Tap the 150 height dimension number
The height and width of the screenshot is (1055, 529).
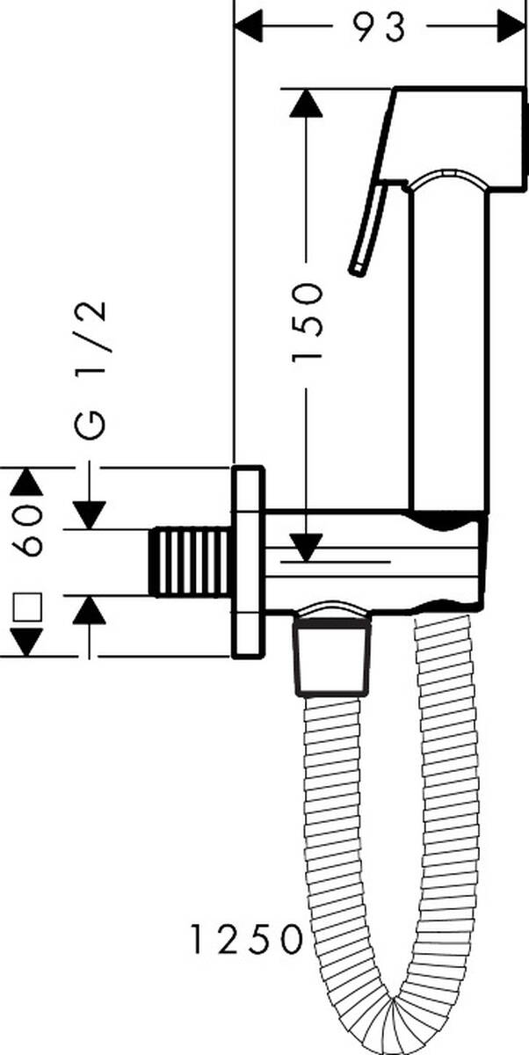coord(308,323)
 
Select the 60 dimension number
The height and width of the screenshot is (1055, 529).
coord(27,530)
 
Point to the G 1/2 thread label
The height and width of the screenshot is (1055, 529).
coord(90,370)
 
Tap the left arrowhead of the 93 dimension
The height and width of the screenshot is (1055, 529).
coord(248,27)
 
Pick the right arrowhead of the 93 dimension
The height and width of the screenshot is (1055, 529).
coord(512,27)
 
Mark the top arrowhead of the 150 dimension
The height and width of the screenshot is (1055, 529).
coord(307,102)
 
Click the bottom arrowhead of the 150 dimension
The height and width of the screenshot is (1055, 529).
coord(307,548)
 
